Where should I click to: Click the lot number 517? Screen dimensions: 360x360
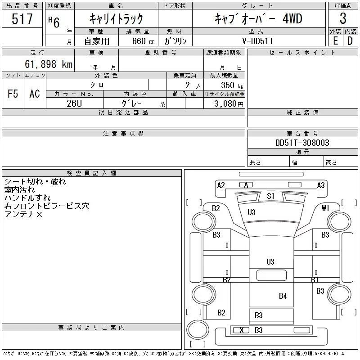point(23,19)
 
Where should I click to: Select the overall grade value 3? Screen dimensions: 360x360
point(343,19)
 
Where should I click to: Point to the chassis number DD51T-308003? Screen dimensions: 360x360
point(302,143)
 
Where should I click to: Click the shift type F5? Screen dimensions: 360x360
point(13,94)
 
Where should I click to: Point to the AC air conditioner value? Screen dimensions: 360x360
point(35,94)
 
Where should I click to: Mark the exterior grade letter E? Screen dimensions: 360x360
point(335,40)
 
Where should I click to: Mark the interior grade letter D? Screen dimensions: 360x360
point(350,40)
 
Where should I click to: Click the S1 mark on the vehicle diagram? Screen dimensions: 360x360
point(270,196)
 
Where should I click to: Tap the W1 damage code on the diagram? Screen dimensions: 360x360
point(326,208)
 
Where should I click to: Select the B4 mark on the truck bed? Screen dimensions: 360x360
point(283,296)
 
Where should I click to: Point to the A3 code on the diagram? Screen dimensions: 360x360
point(321,185)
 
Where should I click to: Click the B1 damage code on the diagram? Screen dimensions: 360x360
point(315,279)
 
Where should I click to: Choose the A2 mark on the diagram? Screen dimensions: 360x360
point(221,185)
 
